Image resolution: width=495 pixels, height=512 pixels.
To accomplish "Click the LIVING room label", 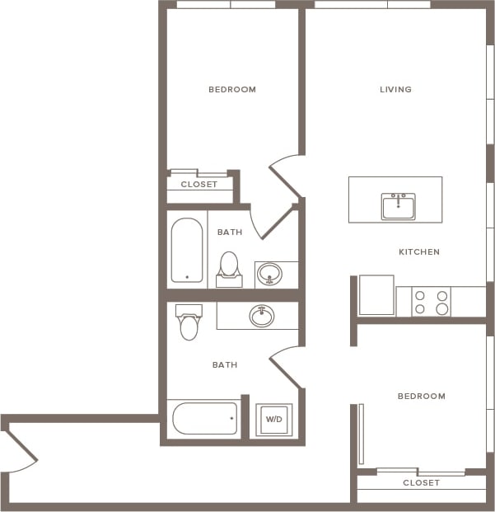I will pyautogui.click(x=395, y=89).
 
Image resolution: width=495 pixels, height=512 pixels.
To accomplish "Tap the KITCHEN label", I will pyautogui.click(x=419, y=251).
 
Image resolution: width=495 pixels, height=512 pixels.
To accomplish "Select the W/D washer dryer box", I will pyautogui.click(x=273, y=419).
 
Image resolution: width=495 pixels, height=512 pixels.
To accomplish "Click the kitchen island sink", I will pyautogui.click(x=398, y=205).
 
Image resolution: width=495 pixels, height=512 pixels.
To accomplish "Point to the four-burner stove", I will pyautogui.click(x=431, y=302).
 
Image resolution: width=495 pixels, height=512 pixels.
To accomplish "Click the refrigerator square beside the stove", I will pyautogui.click(x=376, y=295).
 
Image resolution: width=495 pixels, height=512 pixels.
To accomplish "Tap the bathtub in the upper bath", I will pyautogui.click(x=187, y=251).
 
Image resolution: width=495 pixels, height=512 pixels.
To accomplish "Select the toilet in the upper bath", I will pyautogui.click(x=229, y=269).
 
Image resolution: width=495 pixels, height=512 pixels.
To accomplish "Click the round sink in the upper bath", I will pyautogui.click(x=269, y=273).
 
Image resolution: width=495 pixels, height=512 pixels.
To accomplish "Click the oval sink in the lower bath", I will pyautogui.click(x=262, y=315).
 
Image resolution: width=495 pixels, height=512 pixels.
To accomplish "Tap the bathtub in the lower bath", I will pyautogui.click(x=204, y=418).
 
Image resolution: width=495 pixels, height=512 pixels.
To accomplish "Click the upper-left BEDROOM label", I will pyautogui.click(x=231, y=89).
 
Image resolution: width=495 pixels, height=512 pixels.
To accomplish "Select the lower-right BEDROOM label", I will pyautogui.click(x=421, y=396).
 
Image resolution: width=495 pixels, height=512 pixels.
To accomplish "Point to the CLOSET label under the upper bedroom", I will pyautogui.click(x=199, y=184).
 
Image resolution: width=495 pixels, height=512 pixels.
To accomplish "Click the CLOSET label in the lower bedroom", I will pyautogui.click(x=421, y=482).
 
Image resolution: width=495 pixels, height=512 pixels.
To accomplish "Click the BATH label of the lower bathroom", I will pyautogui.click(x=225, y=364).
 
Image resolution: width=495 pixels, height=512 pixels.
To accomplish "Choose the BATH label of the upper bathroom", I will pyautogui.click(x=230, y=232).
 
